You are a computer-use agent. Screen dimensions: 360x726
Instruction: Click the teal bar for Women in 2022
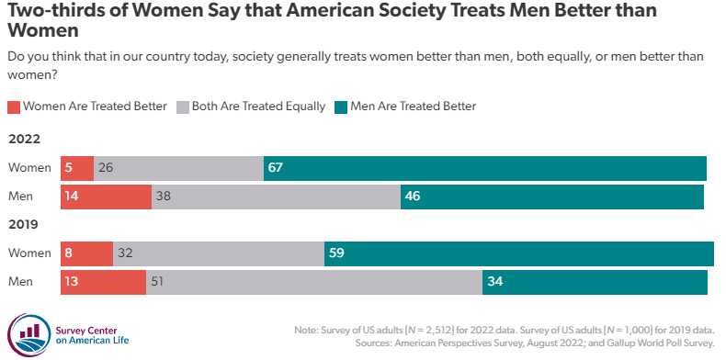coord(484,168)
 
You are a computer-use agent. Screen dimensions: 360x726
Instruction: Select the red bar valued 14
coord(106,197)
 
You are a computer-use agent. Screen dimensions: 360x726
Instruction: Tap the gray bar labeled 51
coord(314,282)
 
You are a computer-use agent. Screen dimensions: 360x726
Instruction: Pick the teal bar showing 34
coord(595,282)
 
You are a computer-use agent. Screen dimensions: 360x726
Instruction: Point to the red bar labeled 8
coord(86,253)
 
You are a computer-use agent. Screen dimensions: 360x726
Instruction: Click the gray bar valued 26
coord(178,168)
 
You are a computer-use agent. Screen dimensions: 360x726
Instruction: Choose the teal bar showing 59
coord(519,253)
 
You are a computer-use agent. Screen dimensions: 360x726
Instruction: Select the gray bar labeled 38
coord(276,197)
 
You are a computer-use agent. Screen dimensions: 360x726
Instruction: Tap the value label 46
coord(415,197)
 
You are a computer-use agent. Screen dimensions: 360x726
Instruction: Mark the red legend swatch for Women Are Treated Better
coord(13,107)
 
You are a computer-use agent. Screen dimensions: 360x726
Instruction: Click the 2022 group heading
coord(23,140)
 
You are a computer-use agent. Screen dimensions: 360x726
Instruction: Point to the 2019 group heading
coord(23,225)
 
